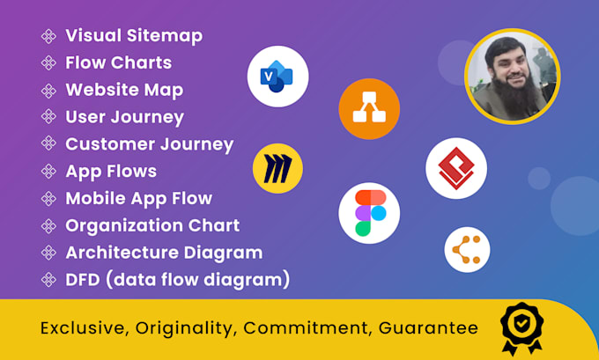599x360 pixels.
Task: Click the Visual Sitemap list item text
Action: click(x=134, y=36)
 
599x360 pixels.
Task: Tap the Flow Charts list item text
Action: click(x=119, y=63)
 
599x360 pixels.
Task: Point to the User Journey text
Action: click(x=124, y=118)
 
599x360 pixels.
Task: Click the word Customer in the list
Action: click(x=110, y=144)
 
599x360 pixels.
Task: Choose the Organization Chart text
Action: click(x=152, y=225)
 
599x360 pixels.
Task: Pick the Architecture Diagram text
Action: click(x=164, y=253)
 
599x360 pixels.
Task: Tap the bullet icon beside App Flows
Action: click(x=48, y=172)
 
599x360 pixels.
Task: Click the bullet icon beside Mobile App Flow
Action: click(x=48, y=199)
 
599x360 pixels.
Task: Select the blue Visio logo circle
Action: click(x=277, y=77)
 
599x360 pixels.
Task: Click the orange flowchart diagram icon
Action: click(x=369, y=109)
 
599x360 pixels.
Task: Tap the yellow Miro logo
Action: click(x=277, y=168)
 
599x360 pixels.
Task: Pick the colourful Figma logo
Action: click(x=369, y=213)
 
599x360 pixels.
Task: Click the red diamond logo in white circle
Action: click(x=456, y=168)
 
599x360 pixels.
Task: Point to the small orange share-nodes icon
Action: click(x=467, y=250)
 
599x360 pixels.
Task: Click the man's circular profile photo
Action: click(x=513, y=77)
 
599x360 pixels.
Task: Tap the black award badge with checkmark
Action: click(x=521, y=328)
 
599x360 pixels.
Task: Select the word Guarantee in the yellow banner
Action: click(x=428, y=328)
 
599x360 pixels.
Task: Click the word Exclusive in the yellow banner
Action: click(x=85, y=328)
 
